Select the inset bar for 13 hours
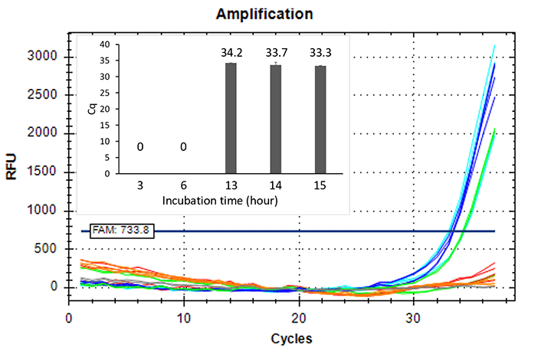pos(231,119)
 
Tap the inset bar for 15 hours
pos(321,120)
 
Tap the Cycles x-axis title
pos(291,338)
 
